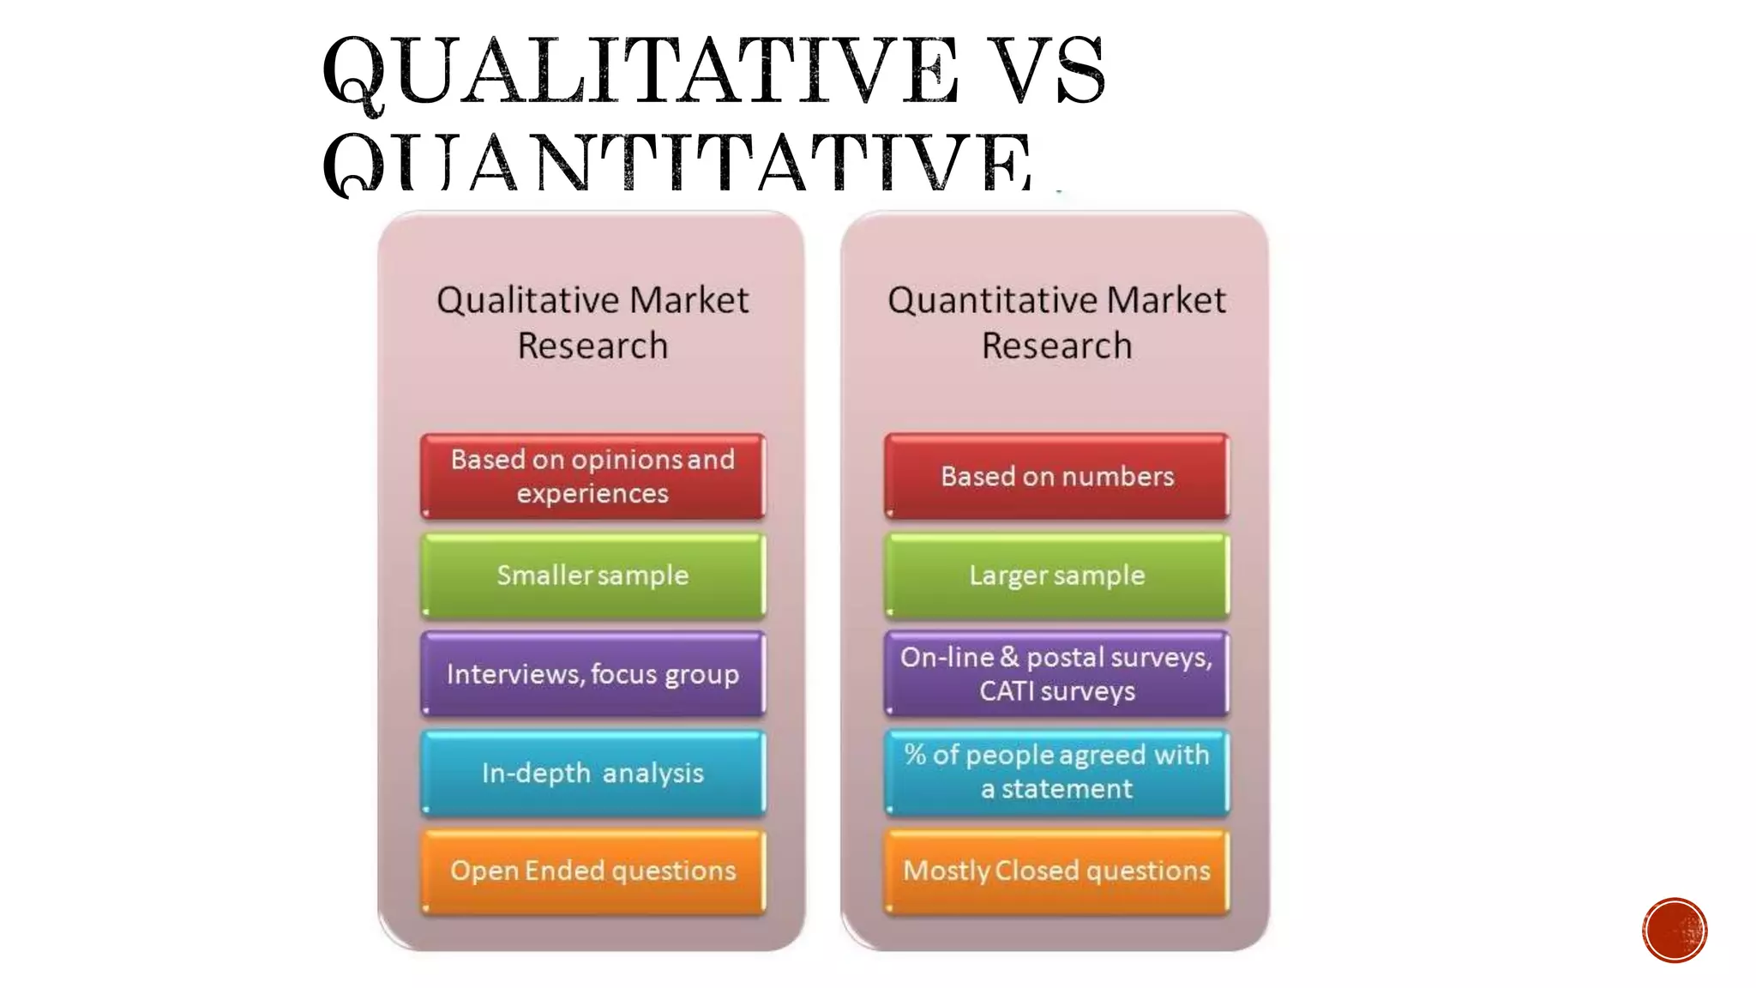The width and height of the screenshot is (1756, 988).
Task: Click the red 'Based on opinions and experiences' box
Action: click(592, 476)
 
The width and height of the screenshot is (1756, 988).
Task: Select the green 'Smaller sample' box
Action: click(592, 575)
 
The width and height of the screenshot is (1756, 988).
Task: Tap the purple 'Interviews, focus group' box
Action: click(592, 674)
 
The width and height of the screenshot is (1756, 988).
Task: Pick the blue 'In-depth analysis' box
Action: click(592, 773)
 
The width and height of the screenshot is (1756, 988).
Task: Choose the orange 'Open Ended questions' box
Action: click(592, 871)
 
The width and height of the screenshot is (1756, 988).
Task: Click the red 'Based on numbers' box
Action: click(1056, 476)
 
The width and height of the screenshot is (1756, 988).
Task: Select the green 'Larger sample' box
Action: click(1056, 575)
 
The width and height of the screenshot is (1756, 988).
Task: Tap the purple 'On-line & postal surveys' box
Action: click(1056, 674)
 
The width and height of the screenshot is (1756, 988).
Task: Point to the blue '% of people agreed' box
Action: click(1056, 772)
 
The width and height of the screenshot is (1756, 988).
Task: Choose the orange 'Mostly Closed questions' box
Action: click(1056, 871)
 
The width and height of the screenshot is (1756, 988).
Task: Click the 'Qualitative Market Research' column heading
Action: click(592, 322)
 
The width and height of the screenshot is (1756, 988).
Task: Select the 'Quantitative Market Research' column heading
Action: click(1056, 322)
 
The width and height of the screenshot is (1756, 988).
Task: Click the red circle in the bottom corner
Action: click(1675, 931)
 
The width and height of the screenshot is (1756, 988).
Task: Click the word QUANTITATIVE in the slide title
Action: click(677, 163)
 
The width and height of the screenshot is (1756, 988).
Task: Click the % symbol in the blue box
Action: click(915, 755)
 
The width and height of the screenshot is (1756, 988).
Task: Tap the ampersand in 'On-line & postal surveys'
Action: click(1009, 657)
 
